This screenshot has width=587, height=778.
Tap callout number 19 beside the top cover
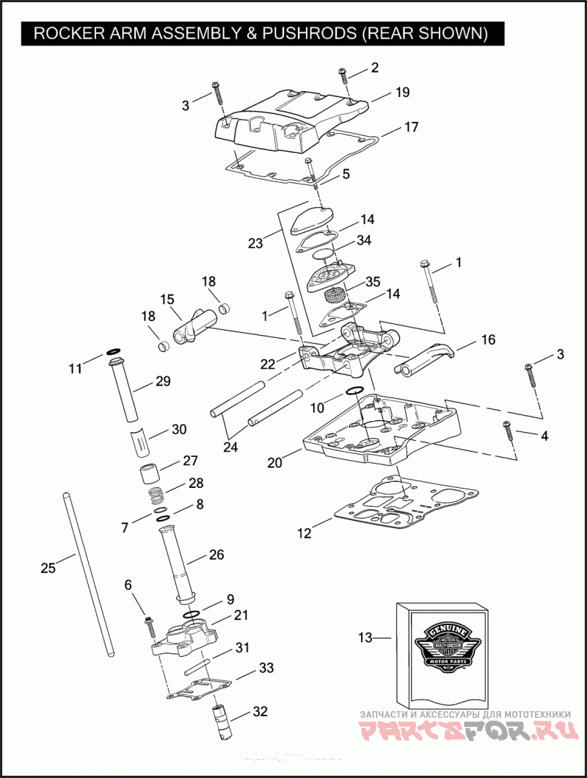402,93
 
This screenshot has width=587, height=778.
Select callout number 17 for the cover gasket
411,127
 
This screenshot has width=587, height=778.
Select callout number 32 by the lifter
260,711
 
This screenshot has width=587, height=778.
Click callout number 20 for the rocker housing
274,463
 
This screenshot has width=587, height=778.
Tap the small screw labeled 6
150,625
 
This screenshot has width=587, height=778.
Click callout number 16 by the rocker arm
488,339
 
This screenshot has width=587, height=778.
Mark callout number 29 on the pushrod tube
162,381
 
